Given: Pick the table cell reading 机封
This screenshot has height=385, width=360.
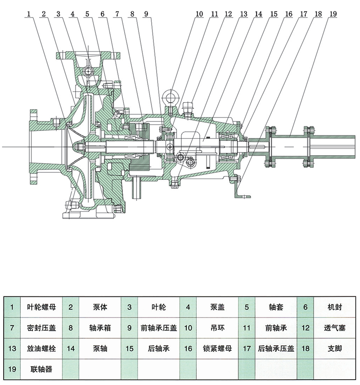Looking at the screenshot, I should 335,308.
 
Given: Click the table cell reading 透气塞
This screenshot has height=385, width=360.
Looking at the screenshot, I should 335,328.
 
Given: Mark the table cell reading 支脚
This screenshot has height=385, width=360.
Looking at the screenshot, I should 335,348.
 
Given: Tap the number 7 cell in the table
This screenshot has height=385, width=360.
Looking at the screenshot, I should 12,328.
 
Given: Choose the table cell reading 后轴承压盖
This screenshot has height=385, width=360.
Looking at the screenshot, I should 276,348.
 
